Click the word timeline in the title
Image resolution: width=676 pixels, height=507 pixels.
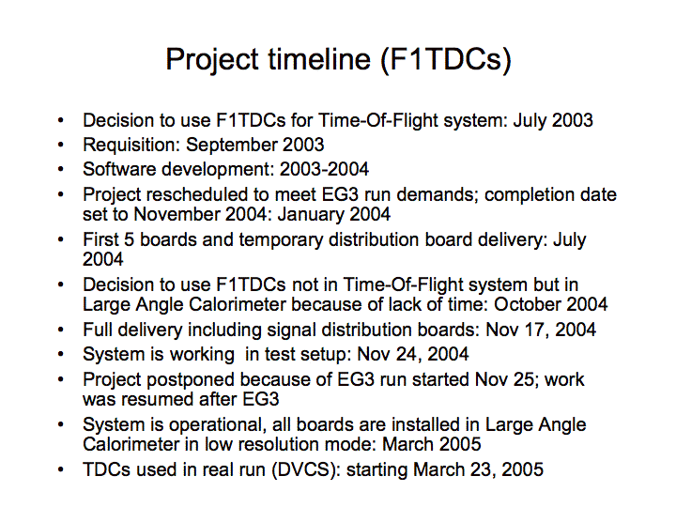[319, 59]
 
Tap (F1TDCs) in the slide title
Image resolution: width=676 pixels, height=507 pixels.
[446, 59]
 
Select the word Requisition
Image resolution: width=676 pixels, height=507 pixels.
[131, 146]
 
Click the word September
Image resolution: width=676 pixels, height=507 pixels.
[231, 146]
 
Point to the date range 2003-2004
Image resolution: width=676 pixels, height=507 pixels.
[324, 169]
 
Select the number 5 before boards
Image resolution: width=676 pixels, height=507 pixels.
[129, 239]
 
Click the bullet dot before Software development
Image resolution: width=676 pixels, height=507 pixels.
[61, 169]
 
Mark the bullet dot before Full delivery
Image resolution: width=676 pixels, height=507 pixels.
[61, 330]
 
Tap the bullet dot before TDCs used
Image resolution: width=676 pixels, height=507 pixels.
[61, 470]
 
